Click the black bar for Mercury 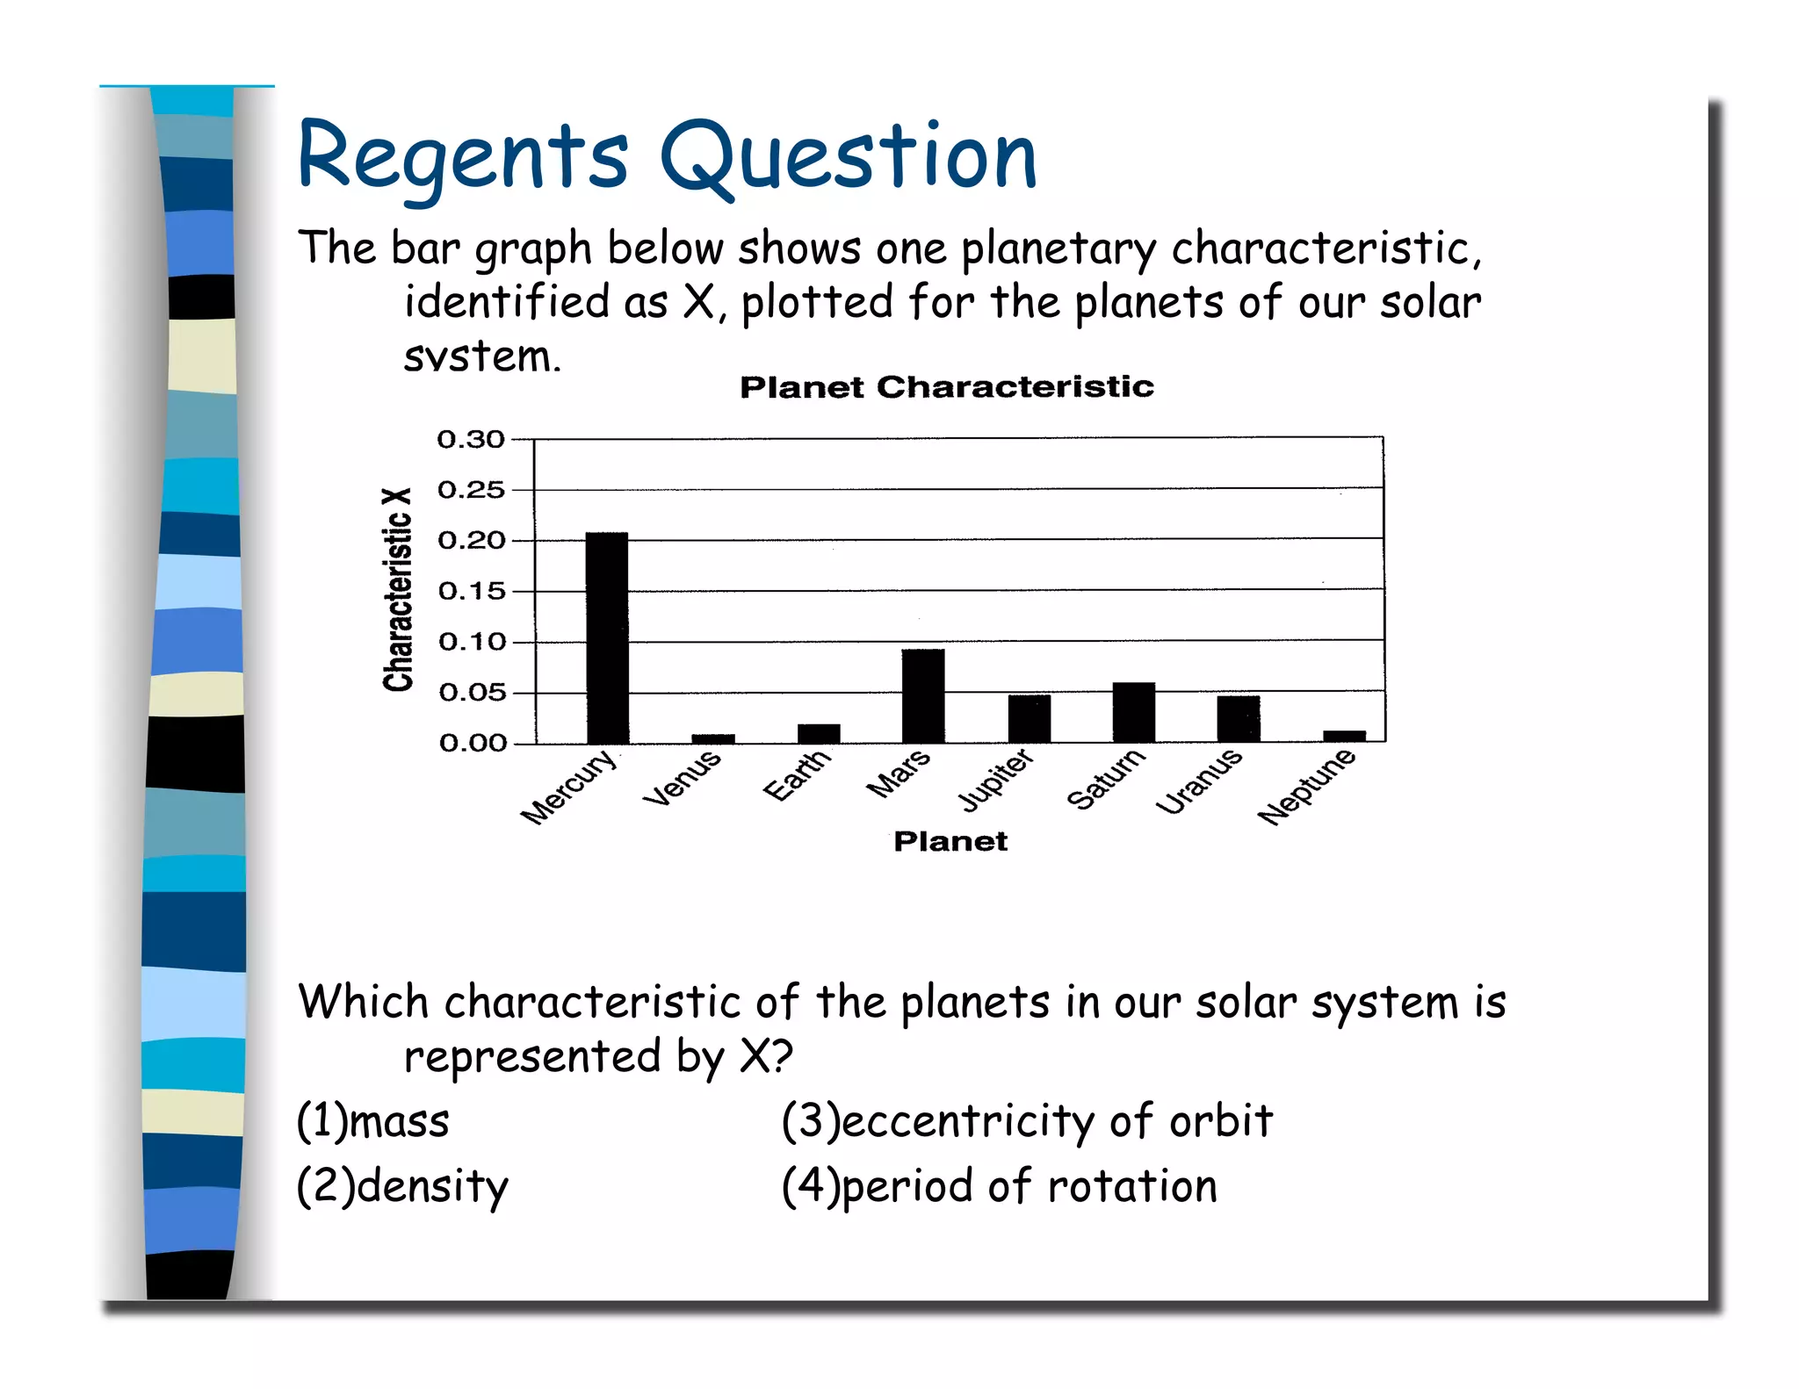point(607,637)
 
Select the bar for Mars point(923,695)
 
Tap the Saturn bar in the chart point(1133,712)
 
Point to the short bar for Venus point(712,738)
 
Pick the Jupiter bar point(1029,718)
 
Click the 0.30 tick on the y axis point(472,439)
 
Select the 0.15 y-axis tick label point(472,591)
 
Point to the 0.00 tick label point(472,744)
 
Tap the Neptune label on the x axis point(1306,787)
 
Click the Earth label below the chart point(796,774)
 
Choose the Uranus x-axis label point(1198,781)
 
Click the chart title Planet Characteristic point(946,387)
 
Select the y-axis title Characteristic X point(398,590)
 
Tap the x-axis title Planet point(950,841)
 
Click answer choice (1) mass point(373,1121)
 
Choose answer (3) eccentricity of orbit point(1027,1121)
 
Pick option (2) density point(402,1186)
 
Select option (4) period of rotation point(1000,1186)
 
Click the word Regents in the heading point(463,158)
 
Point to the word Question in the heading point(849,158)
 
